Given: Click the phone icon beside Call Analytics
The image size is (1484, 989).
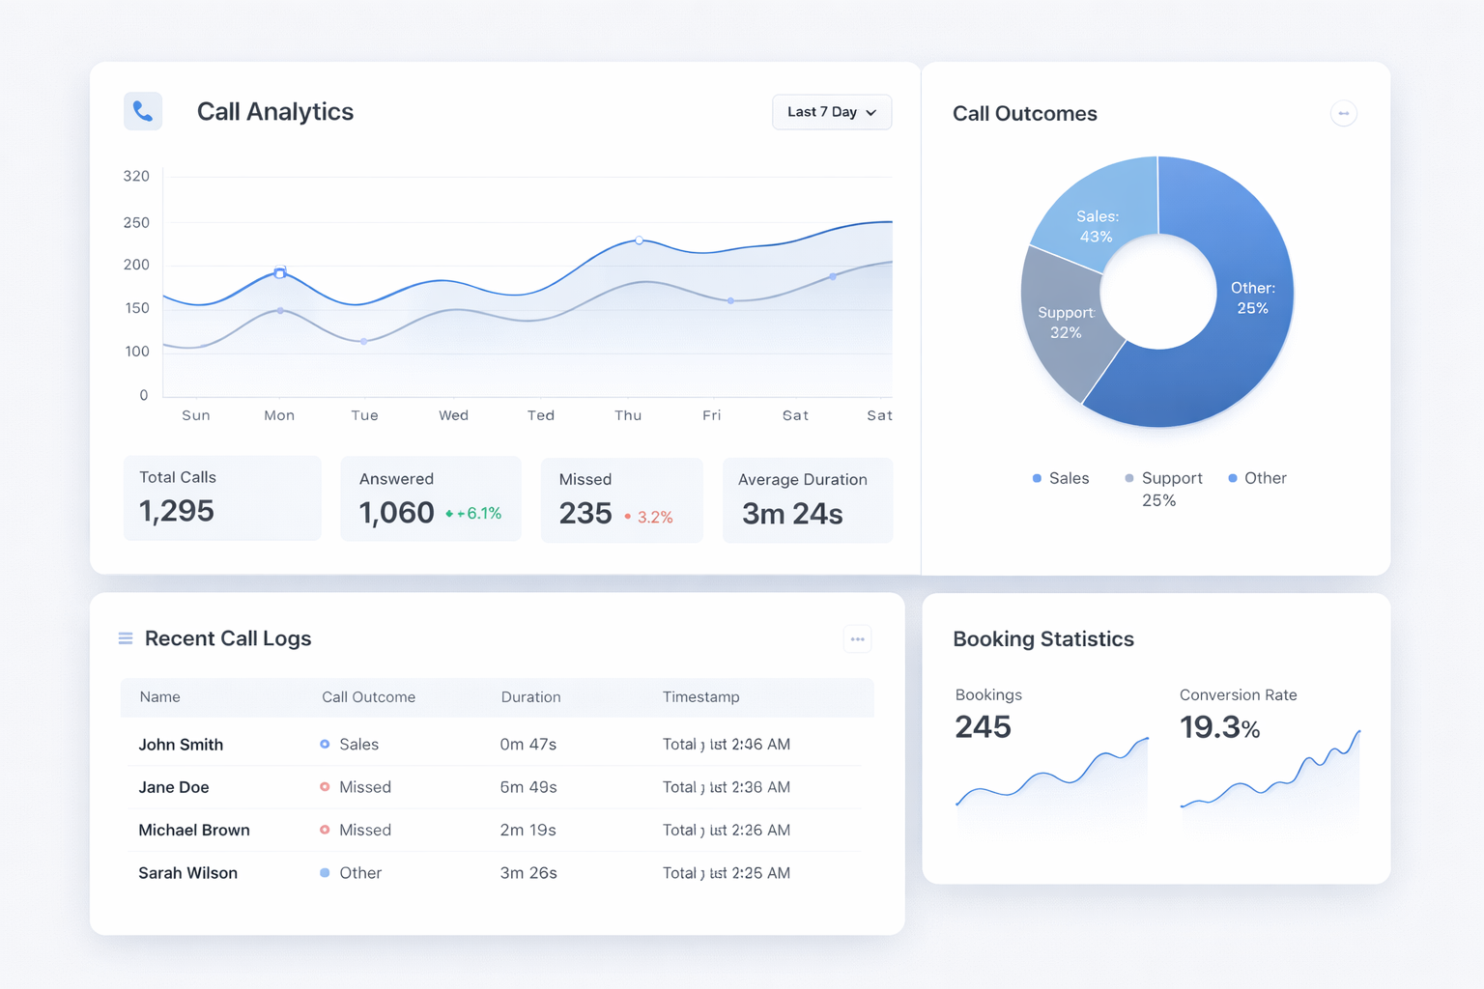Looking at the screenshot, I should click(143, 111).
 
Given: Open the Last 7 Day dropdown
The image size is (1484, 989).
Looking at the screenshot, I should click(831, 112).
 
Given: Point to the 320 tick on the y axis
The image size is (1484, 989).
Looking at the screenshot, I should click(136, 176).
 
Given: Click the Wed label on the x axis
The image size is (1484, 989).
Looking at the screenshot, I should click(453, 415).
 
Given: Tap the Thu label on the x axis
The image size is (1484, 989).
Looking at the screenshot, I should click(628, 415).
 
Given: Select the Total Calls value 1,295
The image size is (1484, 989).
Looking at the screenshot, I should click(177, 511).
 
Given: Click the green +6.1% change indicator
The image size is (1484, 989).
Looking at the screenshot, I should click(474, 514).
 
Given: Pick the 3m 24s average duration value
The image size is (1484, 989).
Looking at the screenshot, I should click(792, 514).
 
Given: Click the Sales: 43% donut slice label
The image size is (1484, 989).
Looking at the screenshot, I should click(1097, 227).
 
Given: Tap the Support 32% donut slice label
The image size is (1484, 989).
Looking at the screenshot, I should click(1066, 323).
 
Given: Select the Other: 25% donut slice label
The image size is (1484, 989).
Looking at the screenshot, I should click(1252, 298).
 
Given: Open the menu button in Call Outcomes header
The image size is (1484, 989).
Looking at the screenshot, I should click(1343, 113).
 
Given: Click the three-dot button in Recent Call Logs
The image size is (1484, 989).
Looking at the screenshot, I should click(857, 639).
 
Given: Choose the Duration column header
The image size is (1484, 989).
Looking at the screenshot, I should click(530, 697).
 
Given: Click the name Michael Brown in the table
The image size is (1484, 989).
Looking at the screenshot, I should click(194, 831).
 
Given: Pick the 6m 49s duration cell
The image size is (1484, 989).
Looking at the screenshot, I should click(528, 787).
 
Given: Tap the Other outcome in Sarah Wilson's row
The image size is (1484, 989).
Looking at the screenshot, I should click(359, 873).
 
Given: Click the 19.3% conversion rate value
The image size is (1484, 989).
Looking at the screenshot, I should click(1219, 727).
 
